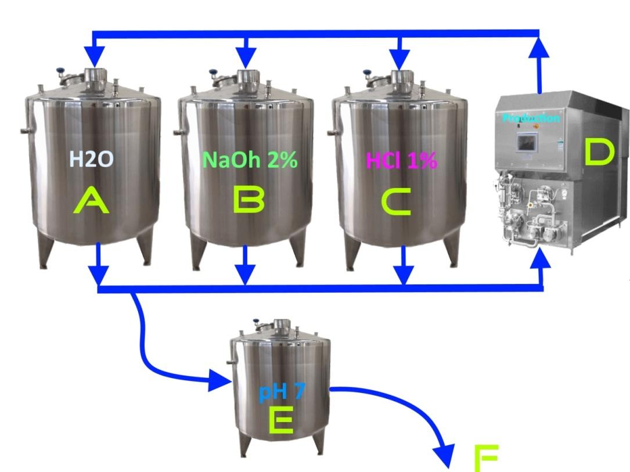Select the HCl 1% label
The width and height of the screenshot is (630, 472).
pyautogui.click(x=401, y=160)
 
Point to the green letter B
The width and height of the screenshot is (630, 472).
pyautogui.click(x=249, y=201)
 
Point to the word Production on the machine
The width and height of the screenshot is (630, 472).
pyautogui.click(x=531, y=118)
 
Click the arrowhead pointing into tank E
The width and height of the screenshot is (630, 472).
pyautogui.click(x=221, y=381)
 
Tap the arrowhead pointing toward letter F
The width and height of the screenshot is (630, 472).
pyautogui.click(x=446, y=456)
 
